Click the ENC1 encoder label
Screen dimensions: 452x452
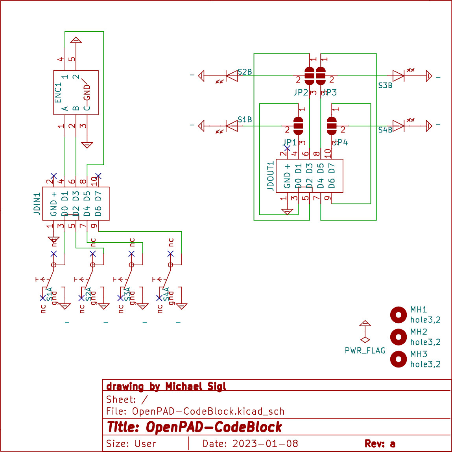point(58,92)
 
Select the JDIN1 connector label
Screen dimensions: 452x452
point(37,203)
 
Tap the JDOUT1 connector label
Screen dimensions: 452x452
point(271,176)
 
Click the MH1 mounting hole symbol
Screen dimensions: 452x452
point(398,314)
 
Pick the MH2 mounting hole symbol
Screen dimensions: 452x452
point(398,337)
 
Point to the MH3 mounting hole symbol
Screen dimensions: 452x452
point(398,359)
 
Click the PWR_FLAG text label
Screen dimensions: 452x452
point(365,351)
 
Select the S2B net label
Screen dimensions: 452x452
point(245,72)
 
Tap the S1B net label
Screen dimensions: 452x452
point(245,119)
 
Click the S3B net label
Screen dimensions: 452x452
point(385,85)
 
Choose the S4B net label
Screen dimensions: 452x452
point(385,130)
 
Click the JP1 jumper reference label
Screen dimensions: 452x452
point(290,142)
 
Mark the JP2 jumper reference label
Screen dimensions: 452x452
point(301,92)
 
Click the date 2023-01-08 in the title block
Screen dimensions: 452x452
point(265,444)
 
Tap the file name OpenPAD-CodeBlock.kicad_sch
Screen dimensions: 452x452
point(208,412)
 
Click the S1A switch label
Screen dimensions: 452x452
point(50,294)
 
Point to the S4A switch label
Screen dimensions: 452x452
point(166,294)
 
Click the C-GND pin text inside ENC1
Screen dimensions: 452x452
point(87,97)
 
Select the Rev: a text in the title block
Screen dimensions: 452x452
point(380,444)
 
